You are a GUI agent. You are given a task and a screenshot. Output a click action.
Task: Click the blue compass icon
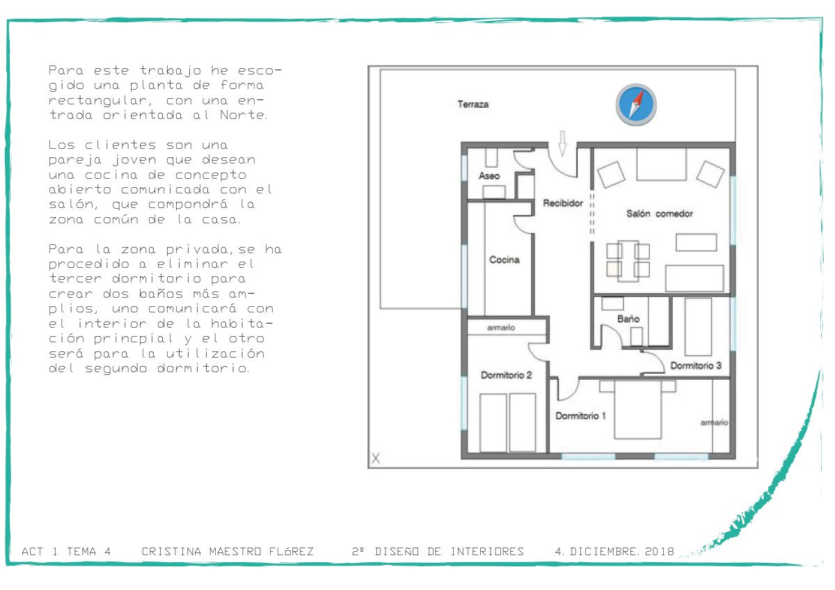pos(636,104)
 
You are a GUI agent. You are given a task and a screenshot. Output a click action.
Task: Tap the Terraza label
pos(473,104)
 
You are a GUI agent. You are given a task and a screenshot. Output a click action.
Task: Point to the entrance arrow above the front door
pos(562,143)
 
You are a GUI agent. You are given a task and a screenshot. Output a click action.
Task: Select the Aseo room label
pos(489,176)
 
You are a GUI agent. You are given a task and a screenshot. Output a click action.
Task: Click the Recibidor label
pos(563,203)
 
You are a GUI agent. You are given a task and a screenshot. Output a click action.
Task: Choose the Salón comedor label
pos(660,214)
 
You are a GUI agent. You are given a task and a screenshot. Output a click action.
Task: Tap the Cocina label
pos(504,260)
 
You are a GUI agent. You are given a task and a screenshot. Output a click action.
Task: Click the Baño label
pos(628,319)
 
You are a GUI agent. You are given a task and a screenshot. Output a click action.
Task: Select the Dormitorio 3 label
pos(696,366)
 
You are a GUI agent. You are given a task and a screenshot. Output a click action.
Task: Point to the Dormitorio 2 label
pos(507,375)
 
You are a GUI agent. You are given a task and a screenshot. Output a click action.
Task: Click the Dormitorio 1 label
pos(580,415)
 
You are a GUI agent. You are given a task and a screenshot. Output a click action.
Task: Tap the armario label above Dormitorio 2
pos(501,328)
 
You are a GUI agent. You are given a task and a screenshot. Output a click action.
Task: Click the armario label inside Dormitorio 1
pos(714,422)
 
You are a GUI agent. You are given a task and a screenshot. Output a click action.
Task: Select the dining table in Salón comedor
pos(628,260)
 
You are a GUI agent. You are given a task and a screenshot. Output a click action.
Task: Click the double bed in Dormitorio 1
pos(638,409)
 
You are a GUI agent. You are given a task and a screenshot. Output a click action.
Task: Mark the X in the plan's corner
pos(376,458)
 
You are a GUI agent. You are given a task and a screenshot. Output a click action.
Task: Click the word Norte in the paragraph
pos(244,115)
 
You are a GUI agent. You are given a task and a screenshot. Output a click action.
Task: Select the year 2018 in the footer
pos(660,552)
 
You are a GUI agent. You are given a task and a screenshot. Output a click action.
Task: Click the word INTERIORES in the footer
pos(487,552)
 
